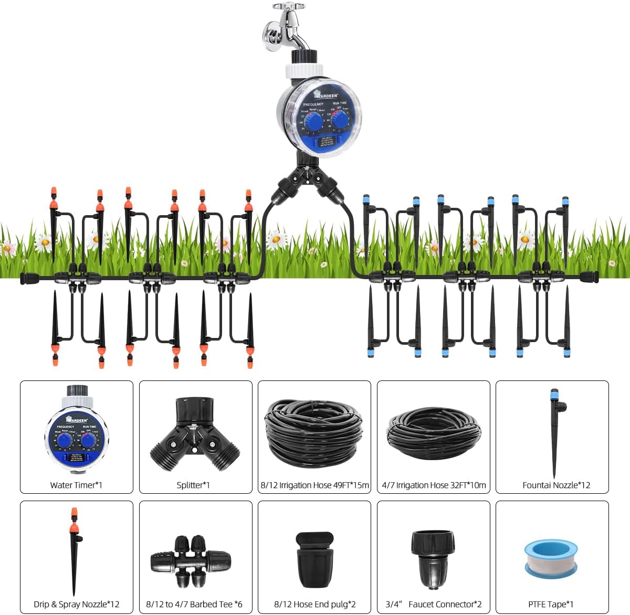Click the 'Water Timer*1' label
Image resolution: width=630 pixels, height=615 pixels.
click(76, 485)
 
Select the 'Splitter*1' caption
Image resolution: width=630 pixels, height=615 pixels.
click(193, 485)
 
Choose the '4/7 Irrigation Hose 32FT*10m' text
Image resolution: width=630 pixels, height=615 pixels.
click(434, 485)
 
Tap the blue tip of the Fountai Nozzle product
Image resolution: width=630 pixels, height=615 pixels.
click(554, 394)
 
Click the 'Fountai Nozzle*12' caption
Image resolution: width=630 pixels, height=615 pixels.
click(556, 485)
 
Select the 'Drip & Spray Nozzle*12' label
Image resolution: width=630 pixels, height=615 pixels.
click(77, 604)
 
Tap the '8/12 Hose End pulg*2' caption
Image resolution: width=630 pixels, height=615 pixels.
click(314, 604)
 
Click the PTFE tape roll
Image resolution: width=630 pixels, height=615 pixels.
click(551, 559)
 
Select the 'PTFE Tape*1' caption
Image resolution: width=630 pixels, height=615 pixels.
click(551, 604)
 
